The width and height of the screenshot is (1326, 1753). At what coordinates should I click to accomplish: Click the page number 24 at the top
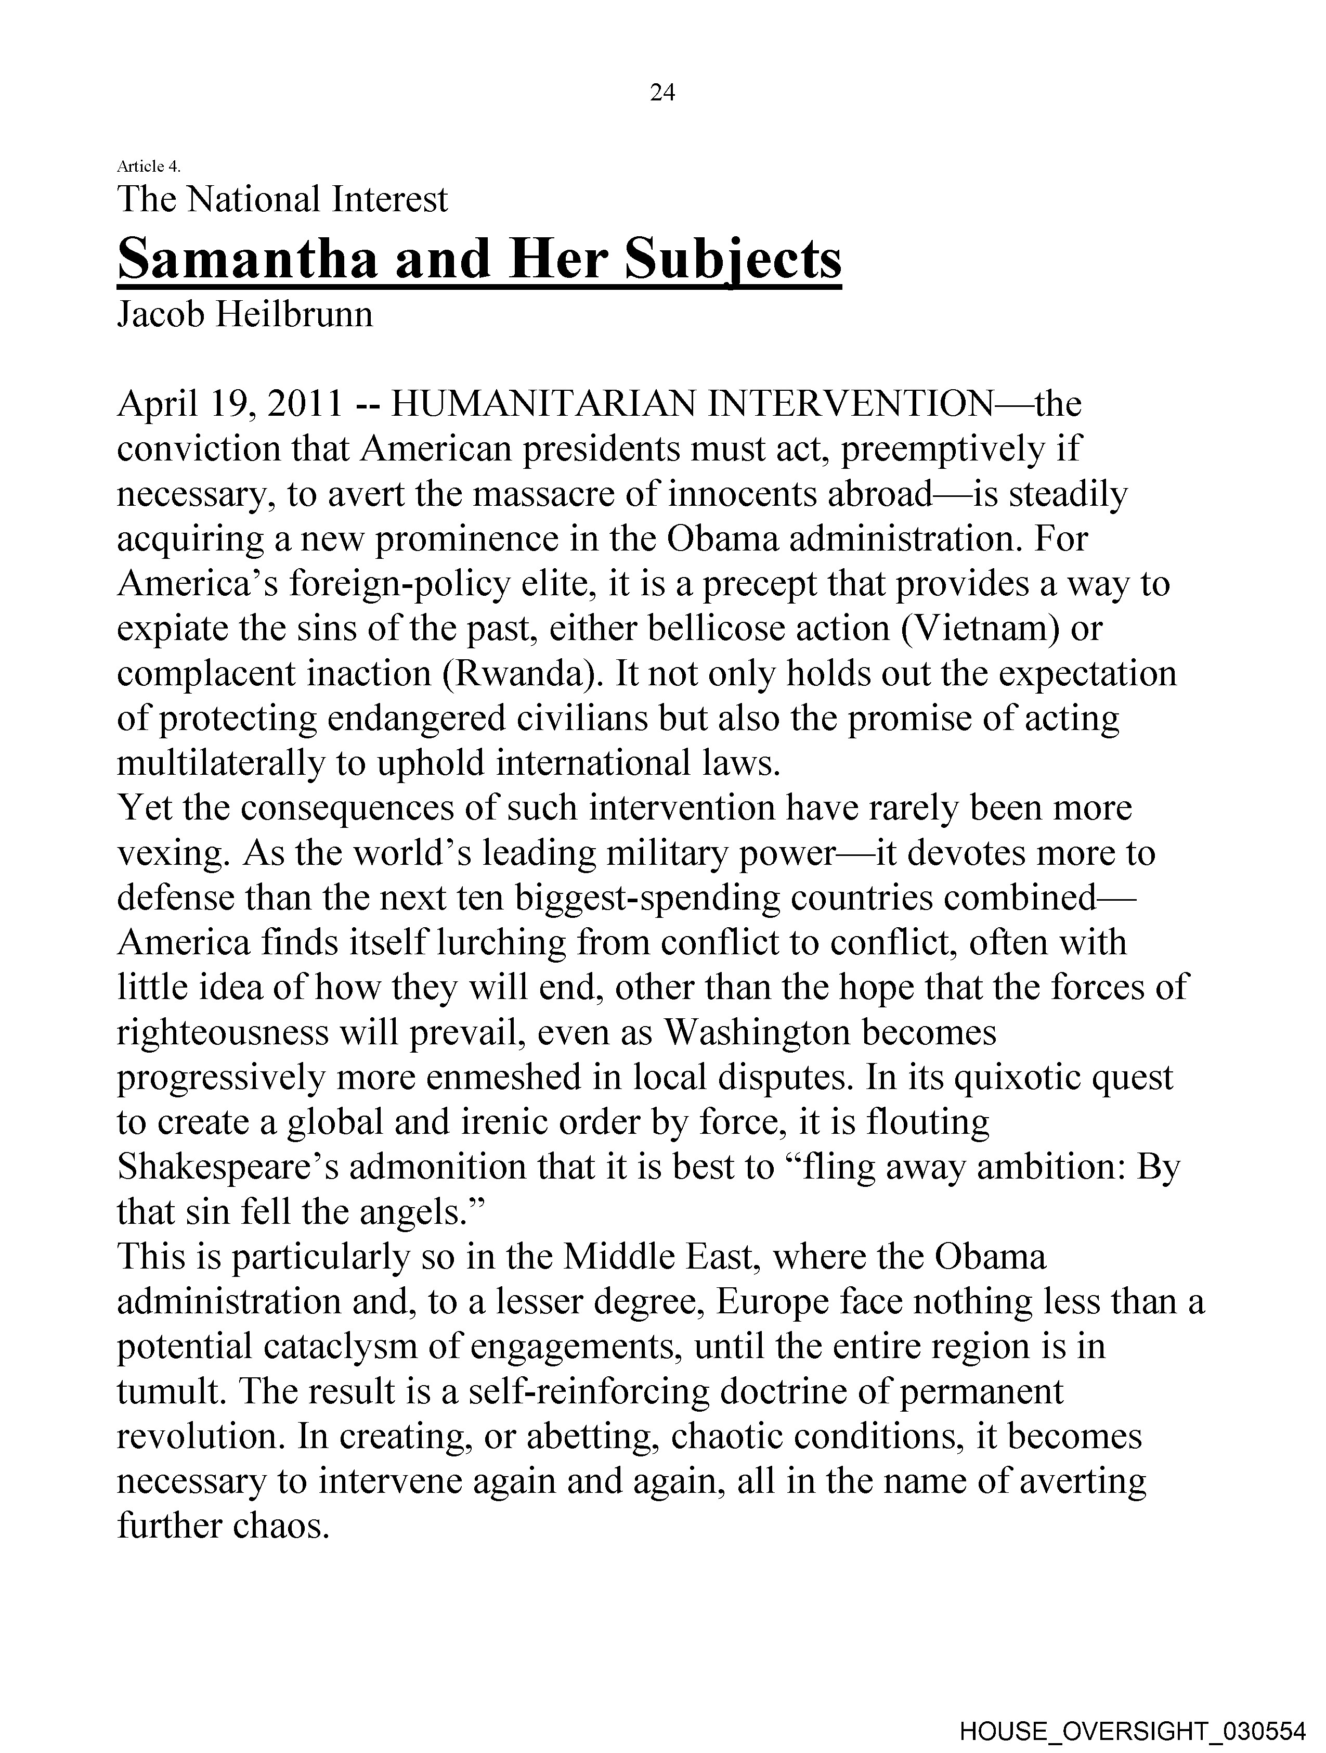pos(662,94)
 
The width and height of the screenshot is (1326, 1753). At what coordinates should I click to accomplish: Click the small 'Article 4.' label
pos(148,167)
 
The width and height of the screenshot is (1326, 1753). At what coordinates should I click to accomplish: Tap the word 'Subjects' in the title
pos(733,260)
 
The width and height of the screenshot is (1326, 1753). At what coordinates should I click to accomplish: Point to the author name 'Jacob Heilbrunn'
pos(245,315)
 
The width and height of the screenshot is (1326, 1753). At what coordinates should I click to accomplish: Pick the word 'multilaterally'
pos(219,763)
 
